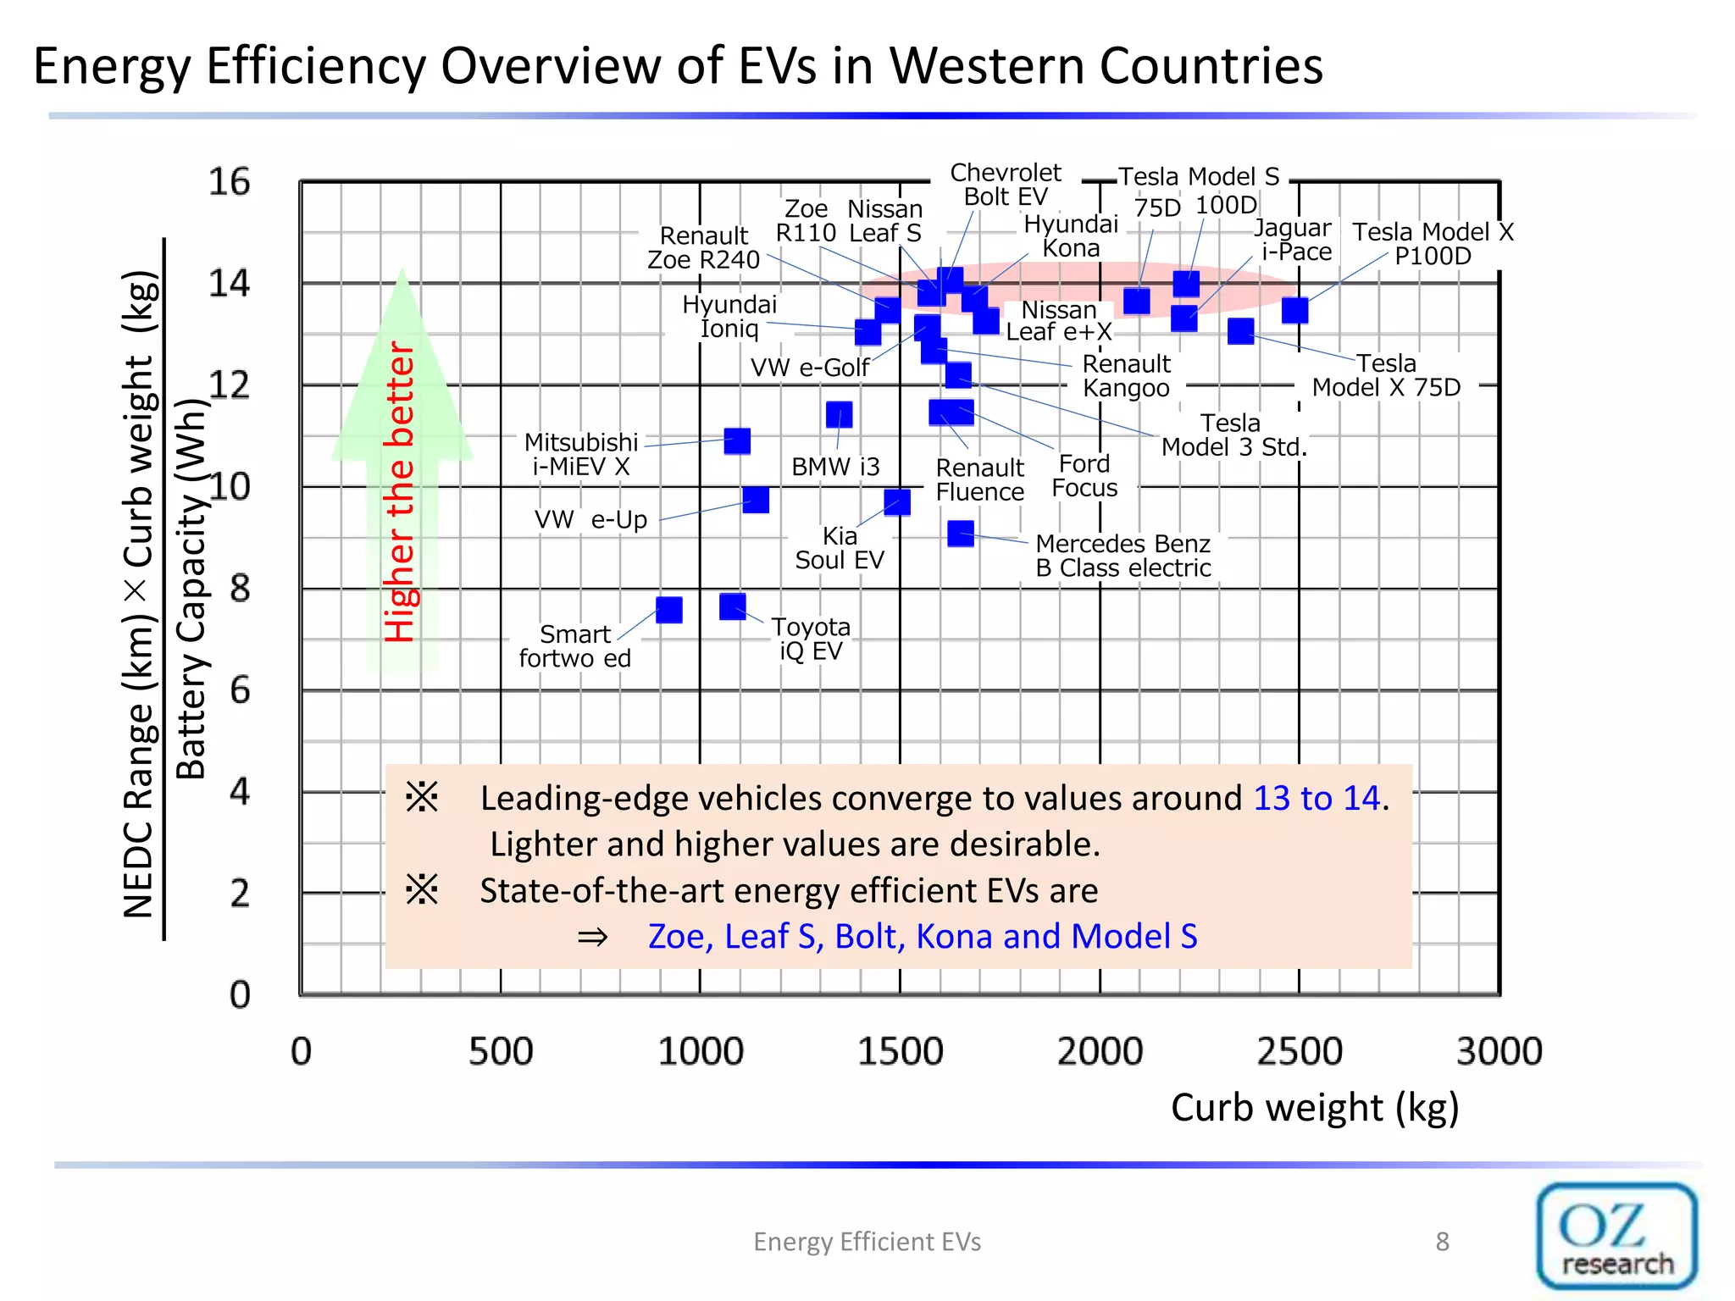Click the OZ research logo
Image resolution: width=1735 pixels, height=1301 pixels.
[1616, 1236]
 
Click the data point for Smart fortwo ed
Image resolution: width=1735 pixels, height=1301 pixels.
[669, 610]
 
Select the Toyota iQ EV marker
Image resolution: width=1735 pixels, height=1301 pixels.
[733, 606]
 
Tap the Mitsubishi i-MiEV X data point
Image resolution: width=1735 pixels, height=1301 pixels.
[737, 440]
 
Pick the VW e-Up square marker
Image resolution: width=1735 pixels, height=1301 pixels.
[756, 500]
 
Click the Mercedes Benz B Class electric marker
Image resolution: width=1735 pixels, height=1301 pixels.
[961, 533]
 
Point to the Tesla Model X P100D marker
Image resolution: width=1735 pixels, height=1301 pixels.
[1294, 310]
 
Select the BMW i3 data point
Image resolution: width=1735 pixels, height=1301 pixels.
[839, 414]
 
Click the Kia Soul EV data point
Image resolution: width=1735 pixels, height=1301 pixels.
[897, 502]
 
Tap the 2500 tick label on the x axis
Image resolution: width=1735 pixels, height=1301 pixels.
[1300, 1051]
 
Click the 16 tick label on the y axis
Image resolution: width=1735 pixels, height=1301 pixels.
[230, 182]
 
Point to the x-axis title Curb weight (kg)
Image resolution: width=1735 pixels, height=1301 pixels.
[1315, 1107]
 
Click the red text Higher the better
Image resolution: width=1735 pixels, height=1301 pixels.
[400, 491]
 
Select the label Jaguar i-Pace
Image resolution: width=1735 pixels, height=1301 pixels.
[1294, 240]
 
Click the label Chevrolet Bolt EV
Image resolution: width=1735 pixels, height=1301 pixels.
[1006, 185]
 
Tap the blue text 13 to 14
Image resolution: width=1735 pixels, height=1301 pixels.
[1316, 798]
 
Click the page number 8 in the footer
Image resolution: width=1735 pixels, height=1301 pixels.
[1442, 1242]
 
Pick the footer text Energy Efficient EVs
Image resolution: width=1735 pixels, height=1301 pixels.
[867, 1242]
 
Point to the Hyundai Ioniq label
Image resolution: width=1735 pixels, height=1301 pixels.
[729, 316]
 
